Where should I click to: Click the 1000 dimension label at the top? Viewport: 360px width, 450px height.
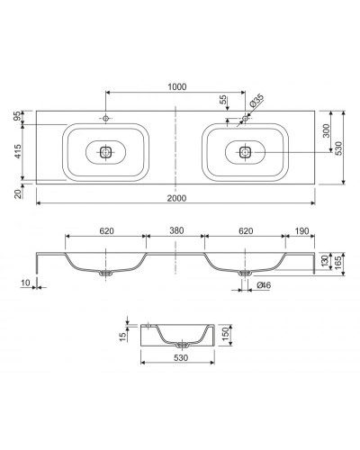click(176, 86)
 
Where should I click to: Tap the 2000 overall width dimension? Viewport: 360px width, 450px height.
click(176, 198)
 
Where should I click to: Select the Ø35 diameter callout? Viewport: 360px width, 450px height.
click(256, 101)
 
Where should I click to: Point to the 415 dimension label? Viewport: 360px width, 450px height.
click(18, 151)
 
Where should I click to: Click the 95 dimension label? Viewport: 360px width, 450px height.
click(18, 116)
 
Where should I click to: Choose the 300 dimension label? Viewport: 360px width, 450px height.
click(326, 130)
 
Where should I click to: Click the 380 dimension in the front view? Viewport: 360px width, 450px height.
click(176, 230)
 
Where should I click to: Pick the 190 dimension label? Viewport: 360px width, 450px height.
click(301, 231)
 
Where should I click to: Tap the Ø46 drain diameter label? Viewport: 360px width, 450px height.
click(264, 285)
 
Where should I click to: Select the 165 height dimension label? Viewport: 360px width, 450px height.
click(338, 263)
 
